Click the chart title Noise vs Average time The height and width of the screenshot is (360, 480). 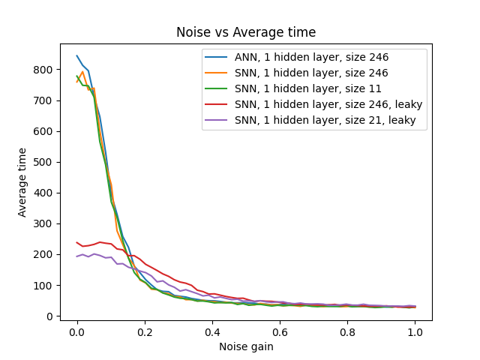tap(246, 32)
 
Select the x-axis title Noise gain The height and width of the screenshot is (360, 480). tap(246, 346)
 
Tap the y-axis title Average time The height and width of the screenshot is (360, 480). tap(22, 182)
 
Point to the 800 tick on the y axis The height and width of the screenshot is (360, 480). tap(46, 70)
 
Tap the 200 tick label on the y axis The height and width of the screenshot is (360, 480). tap(46, 255)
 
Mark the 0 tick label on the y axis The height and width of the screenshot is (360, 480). tap(51, 316)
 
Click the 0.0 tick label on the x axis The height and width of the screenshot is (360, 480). tap(76, 331)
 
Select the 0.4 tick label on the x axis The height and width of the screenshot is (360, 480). tap(212, 331)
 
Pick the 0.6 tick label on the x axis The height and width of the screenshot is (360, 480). tap(280, 331)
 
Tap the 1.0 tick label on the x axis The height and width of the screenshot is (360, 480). tap(415, 331)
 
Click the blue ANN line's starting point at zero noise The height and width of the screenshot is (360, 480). tap(76, 55)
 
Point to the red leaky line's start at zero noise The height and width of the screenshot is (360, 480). tap(76, 242)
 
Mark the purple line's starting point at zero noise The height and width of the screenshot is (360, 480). tap(76, 256)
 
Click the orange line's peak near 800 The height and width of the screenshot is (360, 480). tap(82, 72)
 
